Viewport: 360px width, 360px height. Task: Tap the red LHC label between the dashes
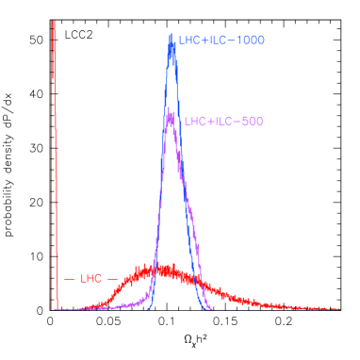(x=91, y=279)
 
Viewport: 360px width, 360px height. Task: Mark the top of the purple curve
(x=170, y=114)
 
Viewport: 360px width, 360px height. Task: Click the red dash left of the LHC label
(x=69, y=279)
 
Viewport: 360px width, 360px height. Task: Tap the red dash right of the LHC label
(x=112, y=279)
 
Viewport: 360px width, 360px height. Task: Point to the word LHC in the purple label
(x=194, y=122)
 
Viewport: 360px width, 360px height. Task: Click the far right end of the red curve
(x=339, y=308)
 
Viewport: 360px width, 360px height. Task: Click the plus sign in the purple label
(x=206, y=122)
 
